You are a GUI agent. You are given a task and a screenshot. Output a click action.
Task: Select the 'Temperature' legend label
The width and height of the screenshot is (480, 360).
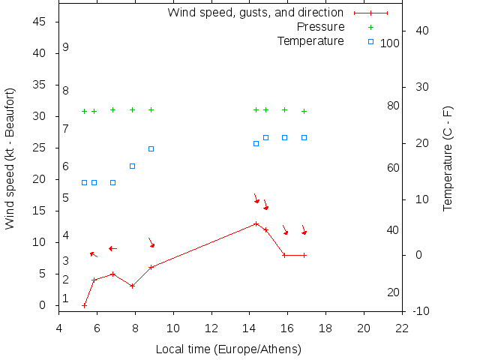pos(310,40)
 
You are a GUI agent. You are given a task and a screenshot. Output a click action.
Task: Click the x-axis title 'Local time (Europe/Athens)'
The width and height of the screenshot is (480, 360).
pos(228,349)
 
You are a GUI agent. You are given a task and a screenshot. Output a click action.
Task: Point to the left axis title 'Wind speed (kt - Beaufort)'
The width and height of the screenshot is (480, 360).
pos(10,158)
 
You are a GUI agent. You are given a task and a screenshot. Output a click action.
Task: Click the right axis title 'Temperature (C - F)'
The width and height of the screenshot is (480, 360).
pos(448,158)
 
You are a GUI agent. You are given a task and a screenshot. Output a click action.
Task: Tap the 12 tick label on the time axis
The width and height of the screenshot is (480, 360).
pos(211,328)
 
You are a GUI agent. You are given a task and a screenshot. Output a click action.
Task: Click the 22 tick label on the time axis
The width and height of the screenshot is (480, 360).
pos(402,328)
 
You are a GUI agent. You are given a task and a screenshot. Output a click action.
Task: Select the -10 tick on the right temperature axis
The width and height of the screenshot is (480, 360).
pos(421,311)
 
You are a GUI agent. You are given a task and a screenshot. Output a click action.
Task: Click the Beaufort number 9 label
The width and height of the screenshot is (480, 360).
pos(66,47)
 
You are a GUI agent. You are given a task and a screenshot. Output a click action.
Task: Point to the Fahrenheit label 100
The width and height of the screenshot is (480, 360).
pos(390,43)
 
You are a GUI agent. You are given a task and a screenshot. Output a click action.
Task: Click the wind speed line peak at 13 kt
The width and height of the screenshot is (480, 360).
pos(256,223)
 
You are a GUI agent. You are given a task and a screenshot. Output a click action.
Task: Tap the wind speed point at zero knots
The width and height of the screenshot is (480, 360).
pos(84,305)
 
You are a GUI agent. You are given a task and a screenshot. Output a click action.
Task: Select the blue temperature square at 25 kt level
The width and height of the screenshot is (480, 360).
pos(151,148)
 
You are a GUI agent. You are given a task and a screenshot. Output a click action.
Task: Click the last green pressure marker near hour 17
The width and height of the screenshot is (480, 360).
pos(304,111)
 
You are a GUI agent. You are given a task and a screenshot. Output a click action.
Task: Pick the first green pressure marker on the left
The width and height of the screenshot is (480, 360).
pos(84,111)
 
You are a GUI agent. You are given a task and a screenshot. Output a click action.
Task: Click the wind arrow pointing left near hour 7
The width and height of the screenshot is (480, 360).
pos(112,248)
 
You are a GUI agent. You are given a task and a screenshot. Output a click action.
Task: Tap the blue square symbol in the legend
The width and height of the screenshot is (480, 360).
pos(370,40)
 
